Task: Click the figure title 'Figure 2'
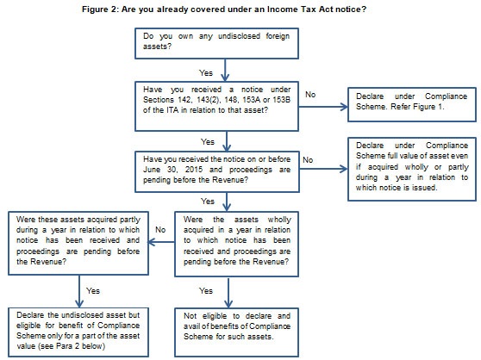coord(99,9)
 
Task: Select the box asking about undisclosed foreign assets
coord(216,44)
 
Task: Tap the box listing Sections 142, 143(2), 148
coord(216,106)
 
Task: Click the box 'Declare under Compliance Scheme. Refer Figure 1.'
coord(412,104)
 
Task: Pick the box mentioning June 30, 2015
coord(217,171)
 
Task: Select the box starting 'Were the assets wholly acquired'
coord(236,245)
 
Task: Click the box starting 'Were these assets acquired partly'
coord(78,243)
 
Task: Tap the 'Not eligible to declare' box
coord(236,332)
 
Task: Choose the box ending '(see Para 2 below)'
coord(78,332)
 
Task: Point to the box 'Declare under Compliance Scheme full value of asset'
coord(412,169)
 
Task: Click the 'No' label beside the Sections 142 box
coord(310,95)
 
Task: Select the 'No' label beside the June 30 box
coord(308,160)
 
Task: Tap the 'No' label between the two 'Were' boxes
coord(160,230)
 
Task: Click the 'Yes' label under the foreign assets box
coord(206,73)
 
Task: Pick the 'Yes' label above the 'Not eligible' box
coord(206,291)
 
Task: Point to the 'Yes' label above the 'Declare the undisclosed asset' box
coord(93,291)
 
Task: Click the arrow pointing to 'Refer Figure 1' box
coord(323,107)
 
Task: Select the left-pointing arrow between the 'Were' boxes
coord(162,242)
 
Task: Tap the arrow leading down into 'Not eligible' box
coord(228,293)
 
